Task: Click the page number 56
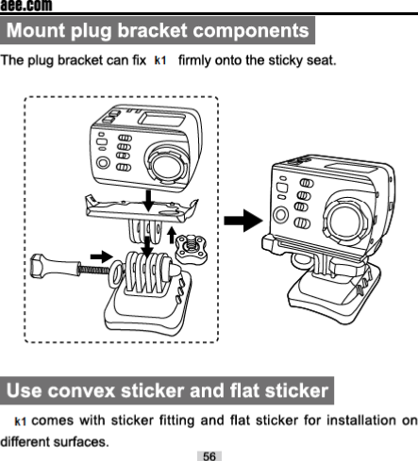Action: coord(209,456)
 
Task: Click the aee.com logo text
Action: coord(26,6)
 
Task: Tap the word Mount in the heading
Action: coord(36,30)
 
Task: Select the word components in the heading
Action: coord(251,30)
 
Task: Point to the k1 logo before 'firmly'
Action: coord(160,60)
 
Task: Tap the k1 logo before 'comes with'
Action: coord(21,421)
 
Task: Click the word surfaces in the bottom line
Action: coord(81,442)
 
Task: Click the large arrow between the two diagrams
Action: coord(243,221)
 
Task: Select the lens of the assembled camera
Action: coord(344,219)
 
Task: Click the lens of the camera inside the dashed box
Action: coord(167,164)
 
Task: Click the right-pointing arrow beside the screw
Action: coord(101,256)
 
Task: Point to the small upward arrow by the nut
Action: coord(172,235)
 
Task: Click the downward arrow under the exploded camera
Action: coord(148,200)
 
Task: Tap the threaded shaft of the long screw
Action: coord(93,270)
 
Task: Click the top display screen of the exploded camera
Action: coord(162,119)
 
